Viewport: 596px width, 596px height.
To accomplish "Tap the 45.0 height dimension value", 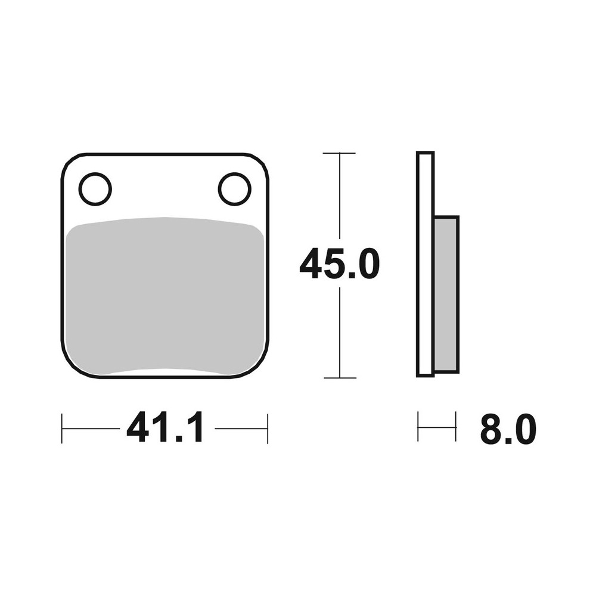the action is pos(340,263).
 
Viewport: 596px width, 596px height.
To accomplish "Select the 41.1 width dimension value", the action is pos(164,427).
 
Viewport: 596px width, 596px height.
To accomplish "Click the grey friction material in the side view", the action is pos(446,294).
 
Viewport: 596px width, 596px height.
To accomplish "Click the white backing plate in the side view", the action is pos(425,264).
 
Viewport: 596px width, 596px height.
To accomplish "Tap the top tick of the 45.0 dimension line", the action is pos(339,153).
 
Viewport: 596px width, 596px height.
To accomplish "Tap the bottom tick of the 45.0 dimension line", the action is pos(340,378).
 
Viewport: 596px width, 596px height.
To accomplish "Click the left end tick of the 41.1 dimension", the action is pos(61,429).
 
